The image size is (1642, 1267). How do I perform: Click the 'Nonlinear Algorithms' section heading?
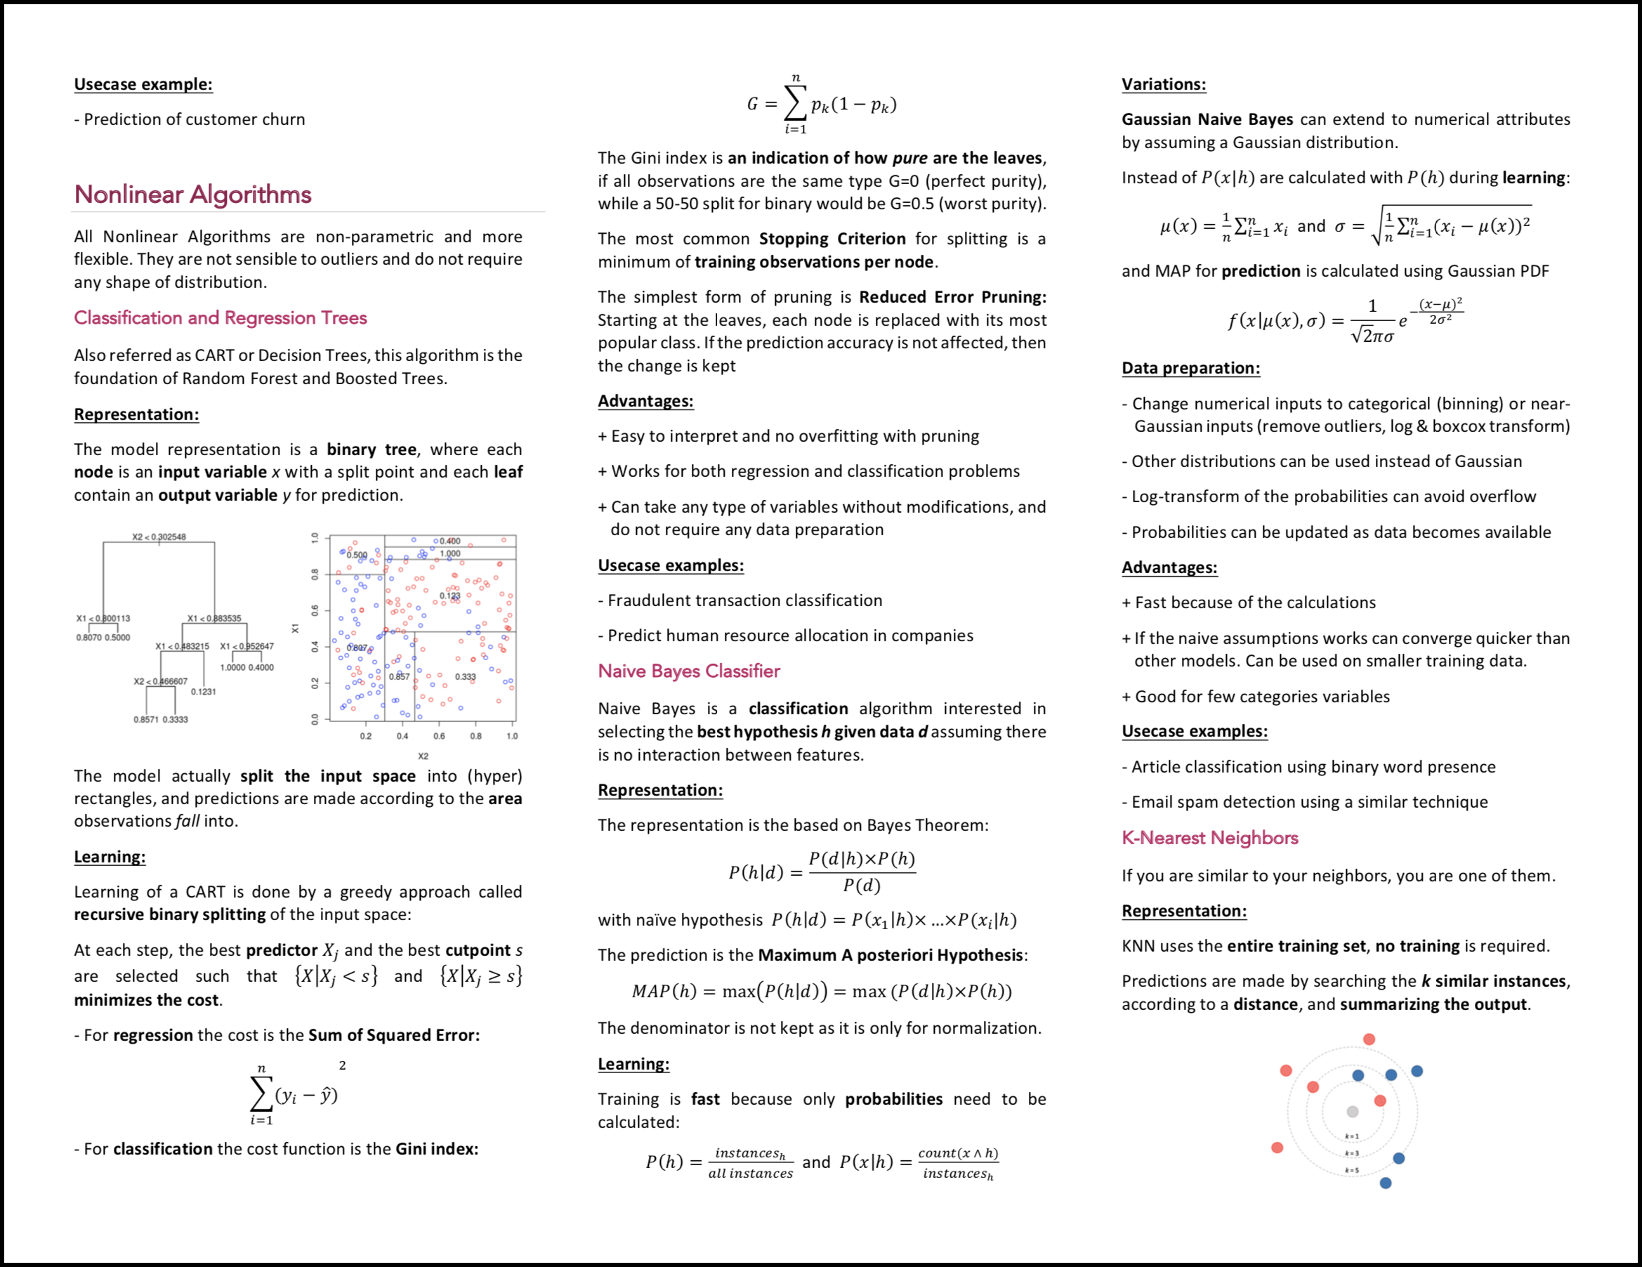coord(192,195)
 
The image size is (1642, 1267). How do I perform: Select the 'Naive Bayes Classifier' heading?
coord(689,671)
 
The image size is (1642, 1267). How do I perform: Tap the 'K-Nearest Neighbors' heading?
coord(1209,838)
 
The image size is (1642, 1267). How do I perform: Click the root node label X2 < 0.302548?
coord(159,537)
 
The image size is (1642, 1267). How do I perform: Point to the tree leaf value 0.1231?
coord(203,692)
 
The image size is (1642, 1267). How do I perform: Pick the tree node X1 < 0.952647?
coord(247,647)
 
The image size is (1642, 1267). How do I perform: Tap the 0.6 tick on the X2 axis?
coord(439,736)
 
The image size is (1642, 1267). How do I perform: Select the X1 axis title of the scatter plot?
coord(296,628)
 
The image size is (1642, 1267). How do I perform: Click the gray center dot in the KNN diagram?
coord(1353,1111)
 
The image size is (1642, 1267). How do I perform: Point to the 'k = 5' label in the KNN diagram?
coord(1352,1170)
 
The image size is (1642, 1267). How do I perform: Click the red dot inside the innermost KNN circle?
coord(1379,1101)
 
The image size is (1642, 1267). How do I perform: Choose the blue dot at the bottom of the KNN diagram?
coord(1386,1183)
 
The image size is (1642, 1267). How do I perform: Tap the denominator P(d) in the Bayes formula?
coord(862,886)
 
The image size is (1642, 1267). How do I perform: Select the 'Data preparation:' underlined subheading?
coord(1191,368)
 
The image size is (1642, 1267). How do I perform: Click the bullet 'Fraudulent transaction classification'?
coord(744,600)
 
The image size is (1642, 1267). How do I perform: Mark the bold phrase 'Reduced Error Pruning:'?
coord(952,297)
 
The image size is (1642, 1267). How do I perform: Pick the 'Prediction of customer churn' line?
coord(194,119)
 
